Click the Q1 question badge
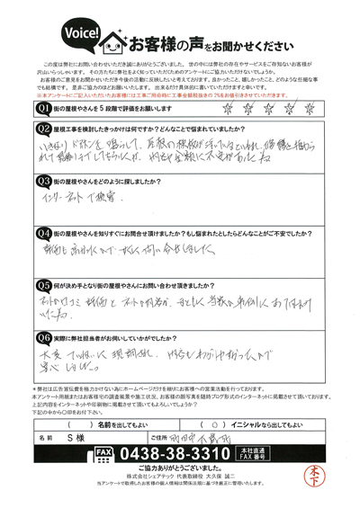(43, 109)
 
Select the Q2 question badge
(43, 130)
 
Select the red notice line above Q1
(180, 94)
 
